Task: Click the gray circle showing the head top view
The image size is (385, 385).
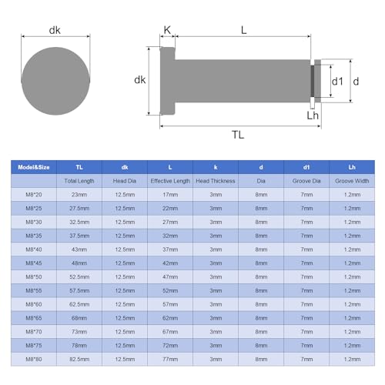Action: pyautogui.click(x=56, y=79)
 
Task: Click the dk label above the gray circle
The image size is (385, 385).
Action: pyautogui.click(x=55, y=30)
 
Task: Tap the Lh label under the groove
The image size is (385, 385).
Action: pyautogui.click(x=313, y=115)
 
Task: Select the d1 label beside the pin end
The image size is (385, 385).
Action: pyautogui.click(x=336, y=80)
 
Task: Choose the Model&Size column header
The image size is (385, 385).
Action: pyautogui.click(x=36, y=166)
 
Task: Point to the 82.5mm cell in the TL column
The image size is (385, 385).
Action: pyautogui.click(x=80, y=360)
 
